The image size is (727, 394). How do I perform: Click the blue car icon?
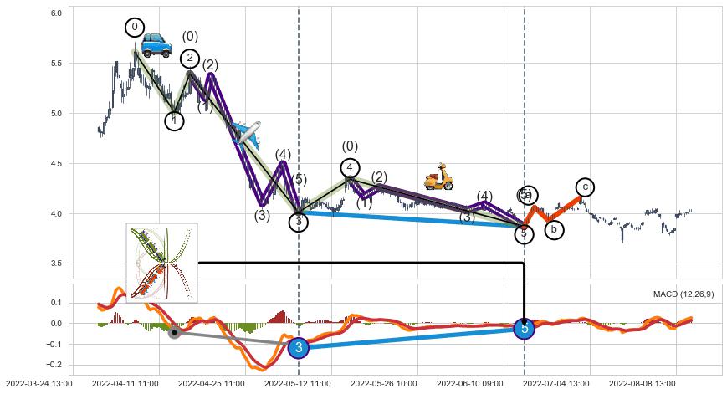coord(156,44)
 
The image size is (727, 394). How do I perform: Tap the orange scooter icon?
coord(438,177)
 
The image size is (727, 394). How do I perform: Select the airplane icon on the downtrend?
coord(247,132)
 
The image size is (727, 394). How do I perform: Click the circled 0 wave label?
coord(135,28)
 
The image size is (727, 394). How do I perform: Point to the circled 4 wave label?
coord(350,168)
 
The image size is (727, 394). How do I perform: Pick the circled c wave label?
coord(586,187)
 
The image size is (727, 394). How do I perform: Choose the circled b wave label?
coord(553,229)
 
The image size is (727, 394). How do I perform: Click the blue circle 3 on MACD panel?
coord(299,348)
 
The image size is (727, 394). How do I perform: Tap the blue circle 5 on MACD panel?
coord(525,329)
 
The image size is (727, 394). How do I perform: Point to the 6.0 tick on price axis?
coord(55,13)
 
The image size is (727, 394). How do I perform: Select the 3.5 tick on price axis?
coord(55,264)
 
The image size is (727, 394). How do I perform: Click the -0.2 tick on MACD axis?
coord(54,365)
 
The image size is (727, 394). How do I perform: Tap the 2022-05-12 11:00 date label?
coord(299,383)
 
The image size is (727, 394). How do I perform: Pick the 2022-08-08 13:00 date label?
coord(642,383)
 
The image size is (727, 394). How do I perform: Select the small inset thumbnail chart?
coord(162,263)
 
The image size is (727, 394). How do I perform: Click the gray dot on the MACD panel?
coord(174,333)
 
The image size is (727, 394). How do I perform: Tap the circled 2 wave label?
coord(190,58)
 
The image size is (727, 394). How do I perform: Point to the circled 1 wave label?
coord(174,121)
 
